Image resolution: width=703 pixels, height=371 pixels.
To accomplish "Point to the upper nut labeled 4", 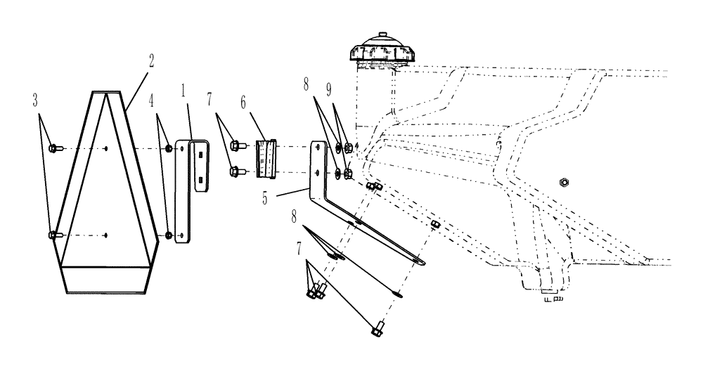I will pos(169,148).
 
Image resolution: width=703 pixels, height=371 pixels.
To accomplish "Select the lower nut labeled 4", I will pos(169,235).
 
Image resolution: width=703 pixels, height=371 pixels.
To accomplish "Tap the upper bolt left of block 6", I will pos(237,146).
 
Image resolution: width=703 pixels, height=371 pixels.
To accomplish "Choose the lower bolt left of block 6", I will pos(237,169).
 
